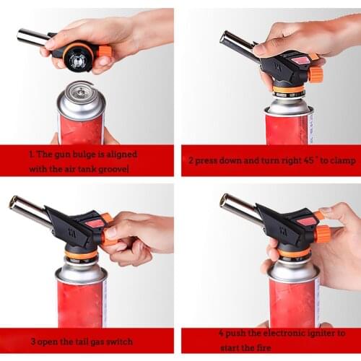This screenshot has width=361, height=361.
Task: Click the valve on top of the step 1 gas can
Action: [x=81, y=92]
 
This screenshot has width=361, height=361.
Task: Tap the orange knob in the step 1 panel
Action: [x=105, y=51]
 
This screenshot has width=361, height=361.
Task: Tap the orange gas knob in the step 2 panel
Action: [x=316, y=74]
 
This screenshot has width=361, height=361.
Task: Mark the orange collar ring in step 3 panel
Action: [x=81, y=254]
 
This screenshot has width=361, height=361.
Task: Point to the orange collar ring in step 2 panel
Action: [x=288, y=90]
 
